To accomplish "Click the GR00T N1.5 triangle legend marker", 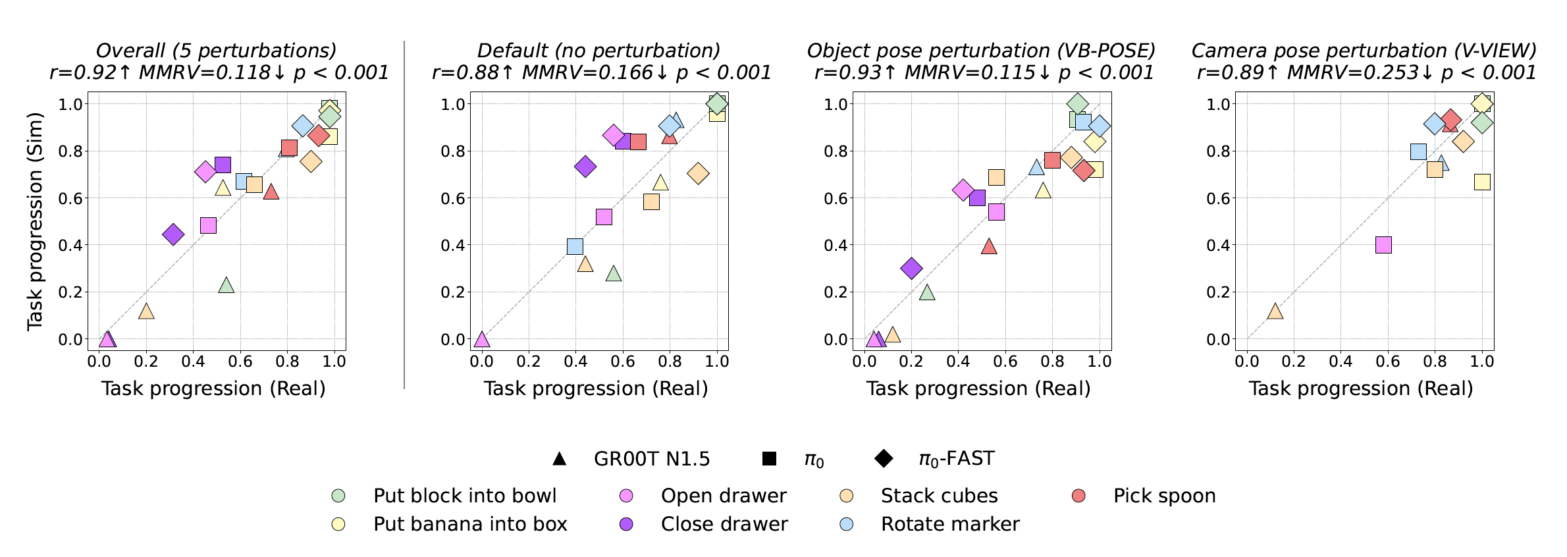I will (559, 459).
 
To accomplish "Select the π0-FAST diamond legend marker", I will (884, 459).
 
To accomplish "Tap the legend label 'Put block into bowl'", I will (464, 496).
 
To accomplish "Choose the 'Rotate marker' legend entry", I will (949, 524).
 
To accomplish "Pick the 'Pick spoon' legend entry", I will (1164, 496).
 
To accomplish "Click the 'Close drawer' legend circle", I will (626, 524).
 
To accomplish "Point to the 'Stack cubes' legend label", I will (939, 496).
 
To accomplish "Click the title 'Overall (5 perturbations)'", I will (216, 51).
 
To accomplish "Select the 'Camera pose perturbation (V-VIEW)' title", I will (1364, 51).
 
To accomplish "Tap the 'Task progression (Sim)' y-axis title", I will (35, 221).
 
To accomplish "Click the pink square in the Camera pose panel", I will (1383, 245).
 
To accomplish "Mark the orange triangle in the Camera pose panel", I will (1275, 311).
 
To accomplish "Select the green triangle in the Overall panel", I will (226, 285).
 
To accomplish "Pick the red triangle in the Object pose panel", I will (989, 246).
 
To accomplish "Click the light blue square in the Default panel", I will (575, 246).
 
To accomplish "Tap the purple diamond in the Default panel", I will (585, 167).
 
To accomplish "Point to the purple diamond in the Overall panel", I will (173, 234).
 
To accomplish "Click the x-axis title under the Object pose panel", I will (978, 388).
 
